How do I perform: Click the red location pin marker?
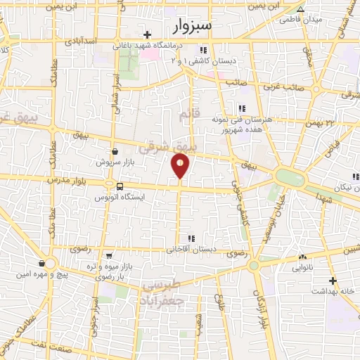tap(180, 165)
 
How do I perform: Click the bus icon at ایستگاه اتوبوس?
tap(119, 187)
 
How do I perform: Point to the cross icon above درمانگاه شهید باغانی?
tap(147, 34)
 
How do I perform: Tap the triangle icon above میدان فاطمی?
tap(300, 10)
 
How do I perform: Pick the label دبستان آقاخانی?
tap(191, 250)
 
